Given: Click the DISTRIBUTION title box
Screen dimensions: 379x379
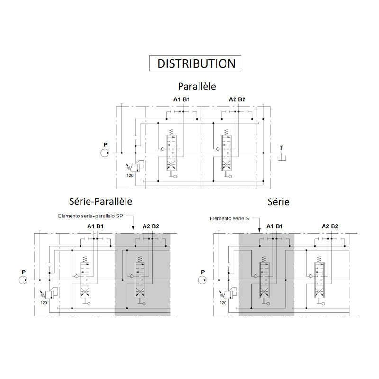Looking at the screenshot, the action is point(195,63).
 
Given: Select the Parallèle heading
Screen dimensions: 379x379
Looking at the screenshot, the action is point(197,86).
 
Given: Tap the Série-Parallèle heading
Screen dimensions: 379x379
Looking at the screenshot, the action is point(100,201).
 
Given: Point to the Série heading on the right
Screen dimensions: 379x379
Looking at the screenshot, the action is point(278,202).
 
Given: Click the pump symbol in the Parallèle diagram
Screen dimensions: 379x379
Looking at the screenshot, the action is point(105,153).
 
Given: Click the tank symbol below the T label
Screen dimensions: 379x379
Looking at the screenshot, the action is point(281,158).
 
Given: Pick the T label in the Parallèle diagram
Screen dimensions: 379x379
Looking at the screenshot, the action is point(281,148).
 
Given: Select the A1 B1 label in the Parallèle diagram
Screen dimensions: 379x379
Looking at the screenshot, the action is point(181,99).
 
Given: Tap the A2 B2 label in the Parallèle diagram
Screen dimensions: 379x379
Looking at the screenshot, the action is point(237,99).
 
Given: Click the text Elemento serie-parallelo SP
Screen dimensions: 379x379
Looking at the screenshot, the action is point(90,216).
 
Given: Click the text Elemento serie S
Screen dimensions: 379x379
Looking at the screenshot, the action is point(229,218).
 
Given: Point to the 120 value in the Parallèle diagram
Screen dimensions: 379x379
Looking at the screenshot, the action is point(130,175).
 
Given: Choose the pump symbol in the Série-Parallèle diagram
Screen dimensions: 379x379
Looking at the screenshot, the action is point(23,280).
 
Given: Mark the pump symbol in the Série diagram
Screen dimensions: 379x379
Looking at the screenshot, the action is point(202,280).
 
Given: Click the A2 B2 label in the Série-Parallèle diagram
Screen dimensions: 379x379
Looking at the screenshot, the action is point(151,226).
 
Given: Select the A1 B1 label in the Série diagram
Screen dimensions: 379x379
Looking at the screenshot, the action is point(274,226).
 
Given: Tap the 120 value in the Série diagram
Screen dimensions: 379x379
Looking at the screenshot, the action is point(223,303).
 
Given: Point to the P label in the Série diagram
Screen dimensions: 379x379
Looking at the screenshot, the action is point(203,272).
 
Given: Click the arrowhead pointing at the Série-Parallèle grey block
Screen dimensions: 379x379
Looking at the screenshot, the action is point(133,227).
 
